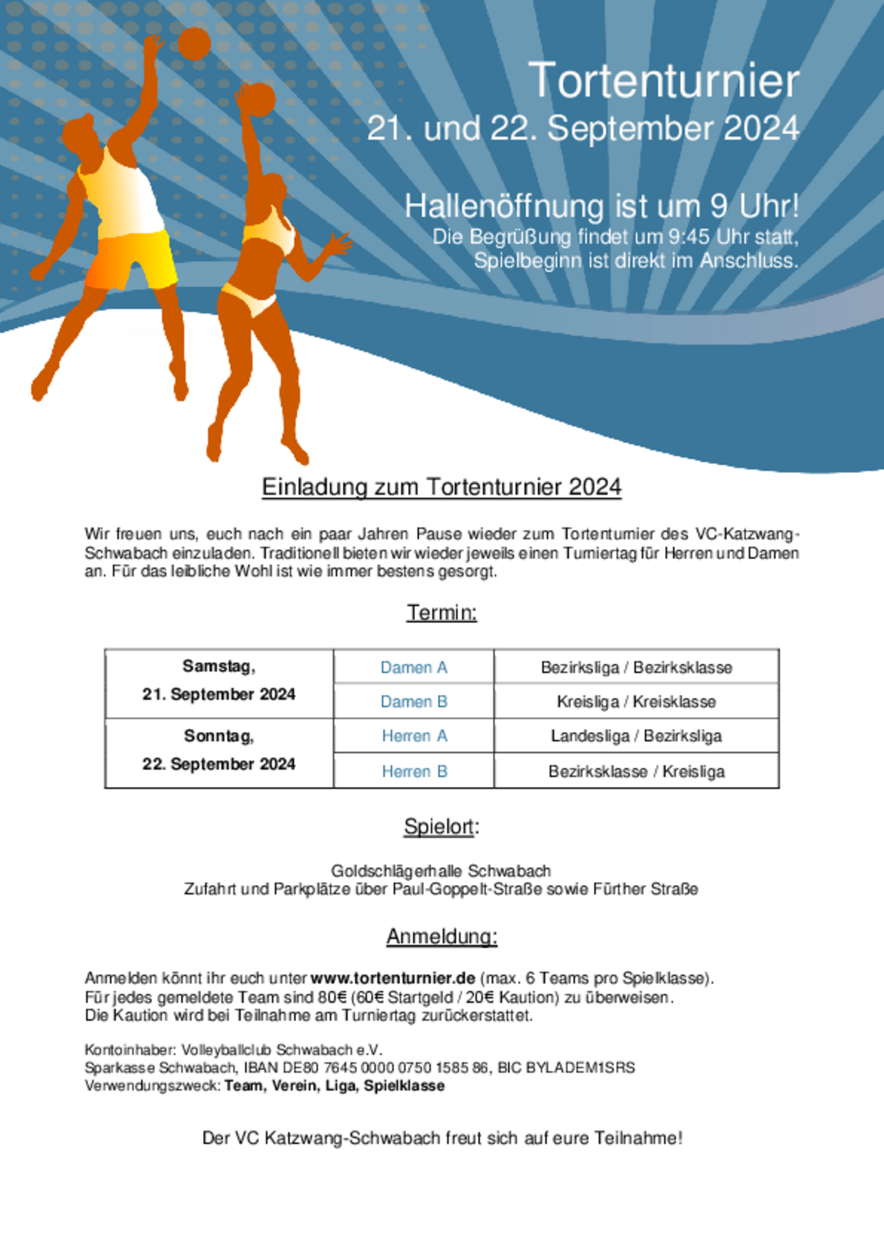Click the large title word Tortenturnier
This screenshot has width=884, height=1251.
click(663, 81)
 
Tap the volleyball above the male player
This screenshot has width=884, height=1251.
click(194, 44)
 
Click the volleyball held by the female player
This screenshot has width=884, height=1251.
click(259, 99)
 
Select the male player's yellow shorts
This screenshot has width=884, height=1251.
click(136, 258)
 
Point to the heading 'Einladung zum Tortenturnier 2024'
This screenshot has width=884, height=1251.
click(441, 487)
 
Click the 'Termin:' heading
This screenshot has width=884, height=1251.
click(441, 612)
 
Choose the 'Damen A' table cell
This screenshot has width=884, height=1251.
click(414, 667)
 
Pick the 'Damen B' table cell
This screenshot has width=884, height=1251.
click(414, 702)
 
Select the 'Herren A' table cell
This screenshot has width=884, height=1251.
click(414, 736)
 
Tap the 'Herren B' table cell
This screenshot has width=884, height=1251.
click(414, 772)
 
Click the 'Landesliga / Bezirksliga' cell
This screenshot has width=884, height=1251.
click(636, 736)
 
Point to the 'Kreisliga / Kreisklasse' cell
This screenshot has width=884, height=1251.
click(636, 702)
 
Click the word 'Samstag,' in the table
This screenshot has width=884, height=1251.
click(219, 667)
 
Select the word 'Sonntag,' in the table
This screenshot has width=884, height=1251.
click(219, 736)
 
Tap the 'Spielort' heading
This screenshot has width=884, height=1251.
click(439, 827)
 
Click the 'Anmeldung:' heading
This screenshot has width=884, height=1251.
click(441, 937)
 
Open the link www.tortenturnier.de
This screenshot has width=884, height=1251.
click(392, 978)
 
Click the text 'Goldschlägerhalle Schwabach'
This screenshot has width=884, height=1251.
click(441, 870)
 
